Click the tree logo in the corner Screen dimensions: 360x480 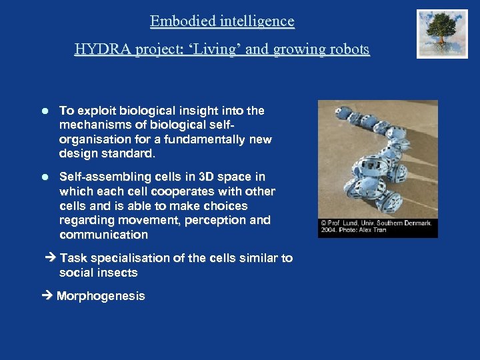(x=443, y=34)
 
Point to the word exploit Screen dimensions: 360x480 (x=98, y=111)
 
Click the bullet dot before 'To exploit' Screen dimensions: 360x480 (x=45, y=111)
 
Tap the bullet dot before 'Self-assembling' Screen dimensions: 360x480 (x=45, y=177)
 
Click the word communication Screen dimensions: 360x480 (x=103, y=235)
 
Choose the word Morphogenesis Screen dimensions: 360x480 (x=101, y=297)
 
